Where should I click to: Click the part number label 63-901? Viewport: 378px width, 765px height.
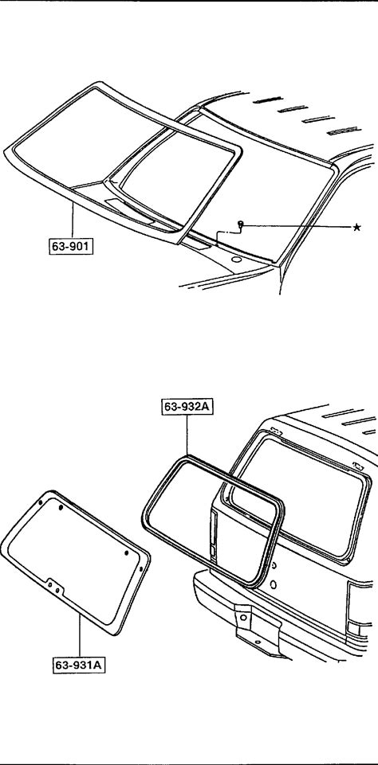click(x=71, y=247)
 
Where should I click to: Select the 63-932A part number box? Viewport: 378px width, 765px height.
click(x=187, y=407)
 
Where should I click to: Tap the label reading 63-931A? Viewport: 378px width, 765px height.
click(x=79, y=665)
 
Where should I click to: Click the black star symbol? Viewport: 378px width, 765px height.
click(x=357, y=227)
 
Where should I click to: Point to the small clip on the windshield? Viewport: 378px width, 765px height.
click(x=240, y=224)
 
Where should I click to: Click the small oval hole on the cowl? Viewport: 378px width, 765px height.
click(x=236, y=259)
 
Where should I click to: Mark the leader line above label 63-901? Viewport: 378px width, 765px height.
click(x=73, y=221)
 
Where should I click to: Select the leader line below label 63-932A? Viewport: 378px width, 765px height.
click(x=187, y=435)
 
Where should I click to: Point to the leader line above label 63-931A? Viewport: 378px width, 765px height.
click(x=79, y=636)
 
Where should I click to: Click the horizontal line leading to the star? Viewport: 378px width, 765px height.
click(x=297, y=226)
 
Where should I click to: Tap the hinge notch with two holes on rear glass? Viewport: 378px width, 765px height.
click(x=53, y=587)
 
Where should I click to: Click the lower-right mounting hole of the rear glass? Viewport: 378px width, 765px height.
click(x=141, y=569)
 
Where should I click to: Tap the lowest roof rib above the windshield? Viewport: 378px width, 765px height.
click(x=343, y=131)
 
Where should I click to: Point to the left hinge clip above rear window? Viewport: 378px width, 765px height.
click(x=275, y=431)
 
